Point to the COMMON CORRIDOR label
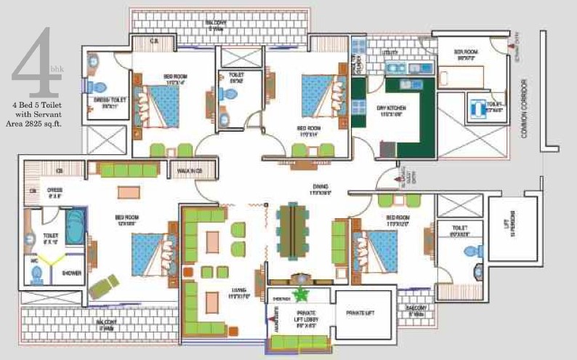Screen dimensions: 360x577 click(x=525, y=110)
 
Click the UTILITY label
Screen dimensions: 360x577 click(x=391, y=53)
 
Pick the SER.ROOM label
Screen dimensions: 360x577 click(x=464, y=53)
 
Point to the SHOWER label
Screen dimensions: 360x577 click(x=71, y=273)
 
